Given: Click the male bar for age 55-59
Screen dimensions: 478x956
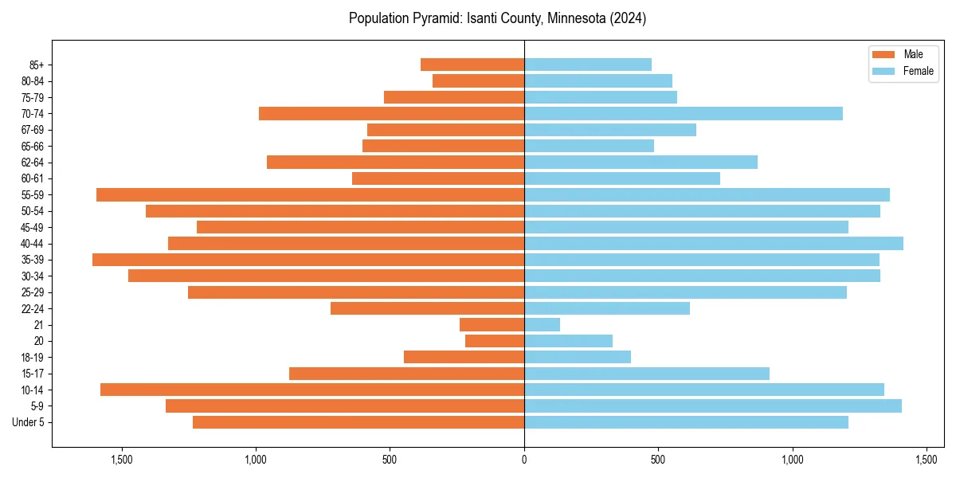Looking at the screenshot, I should tap(310, 194).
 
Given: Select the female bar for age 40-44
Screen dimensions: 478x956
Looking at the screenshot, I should tap(714, 243).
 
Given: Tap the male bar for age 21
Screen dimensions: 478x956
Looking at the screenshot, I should tap(492, 324).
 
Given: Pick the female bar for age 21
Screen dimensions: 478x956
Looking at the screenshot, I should tap(543, 324).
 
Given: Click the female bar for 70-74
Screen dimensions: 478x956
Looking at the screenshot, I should tap(684, 113).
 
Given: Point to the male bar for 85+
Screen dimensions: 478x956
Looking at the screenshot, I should tap(472, 65).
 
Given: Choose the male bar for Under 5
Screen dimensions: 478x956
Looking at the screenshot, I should tap(358, 422).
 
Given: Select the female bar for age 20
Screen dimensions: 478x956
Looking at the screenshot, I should tap(569, 341).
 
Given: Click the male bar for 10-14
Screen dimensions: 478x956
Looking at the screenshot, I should tap(312, 390).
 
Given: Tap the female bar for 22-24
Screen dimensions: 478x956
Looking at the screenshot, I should tap(607, 308).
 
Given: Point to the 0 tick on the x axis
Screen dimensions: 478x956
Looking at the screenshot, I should tap(524, 460).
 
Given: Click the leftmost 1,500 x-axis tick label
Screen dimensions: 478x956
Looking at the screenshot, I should tap(122, 460).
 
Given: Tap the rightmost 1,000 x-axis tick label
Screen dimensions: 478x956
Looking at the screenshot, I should tap(793, 460).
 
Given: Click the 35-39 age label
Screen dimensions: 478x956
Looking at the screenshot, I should tap(33, 260).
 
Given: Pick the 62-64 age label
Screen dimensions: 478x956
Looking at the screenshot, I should tap(33, 162).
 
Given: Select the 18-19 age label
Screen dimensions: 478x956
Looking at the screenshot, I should tap(33, 357).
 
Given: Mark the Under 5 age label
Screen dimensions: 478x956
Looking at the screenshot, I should tap(28, 422).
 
